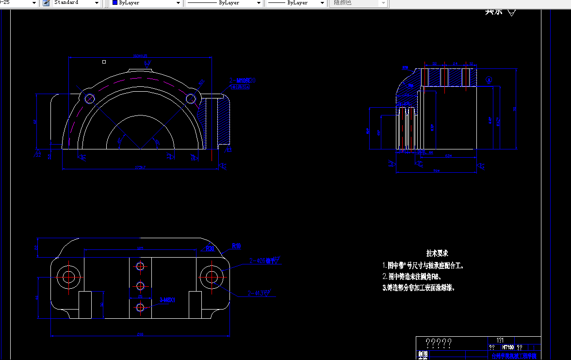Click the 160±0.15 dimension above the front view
tap(140, 56)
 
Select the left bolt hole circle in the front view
tap(89, 98)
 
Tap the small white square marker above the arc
tap(104, 62)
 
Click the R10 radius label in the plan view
tap(236, 246)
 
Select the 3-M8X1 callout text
tap(167, 300)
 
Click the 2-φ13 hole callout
tap(259, 293)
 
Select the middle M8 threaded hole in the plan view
tap(140, 285)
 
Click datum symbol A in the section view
tap(489, 79)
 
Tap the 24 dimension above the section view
tap(455, 64)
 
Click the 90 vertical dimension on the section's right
tap(515, 109)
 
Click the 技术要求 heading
tap(437, 253)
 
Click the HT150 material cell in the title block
tap(507, 347)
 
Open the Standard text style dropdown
tap(77, 3)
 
